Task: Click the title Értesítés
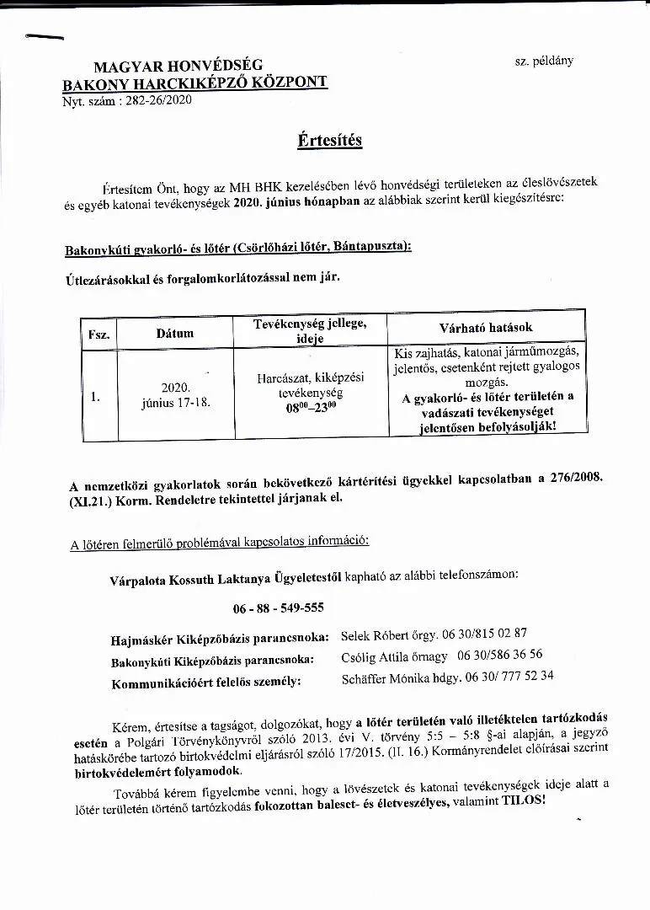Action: coord(329,139)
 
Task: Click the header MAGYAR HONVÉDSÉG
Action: coord(178,66)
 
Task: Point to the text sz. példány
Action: coord(543,62)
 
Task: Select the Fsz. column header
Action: coord(99,334)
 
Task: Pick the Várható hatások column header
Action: coord(486,327)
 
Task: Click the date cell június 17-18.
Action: coord(176,403)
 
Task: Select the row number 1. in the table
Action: coord(95,395)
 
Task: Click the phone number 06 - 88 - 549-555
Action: coord(278,608)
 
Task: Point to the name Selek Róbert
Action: coord(372,634)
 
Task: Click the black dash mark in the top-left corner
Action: coord(45,37)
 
